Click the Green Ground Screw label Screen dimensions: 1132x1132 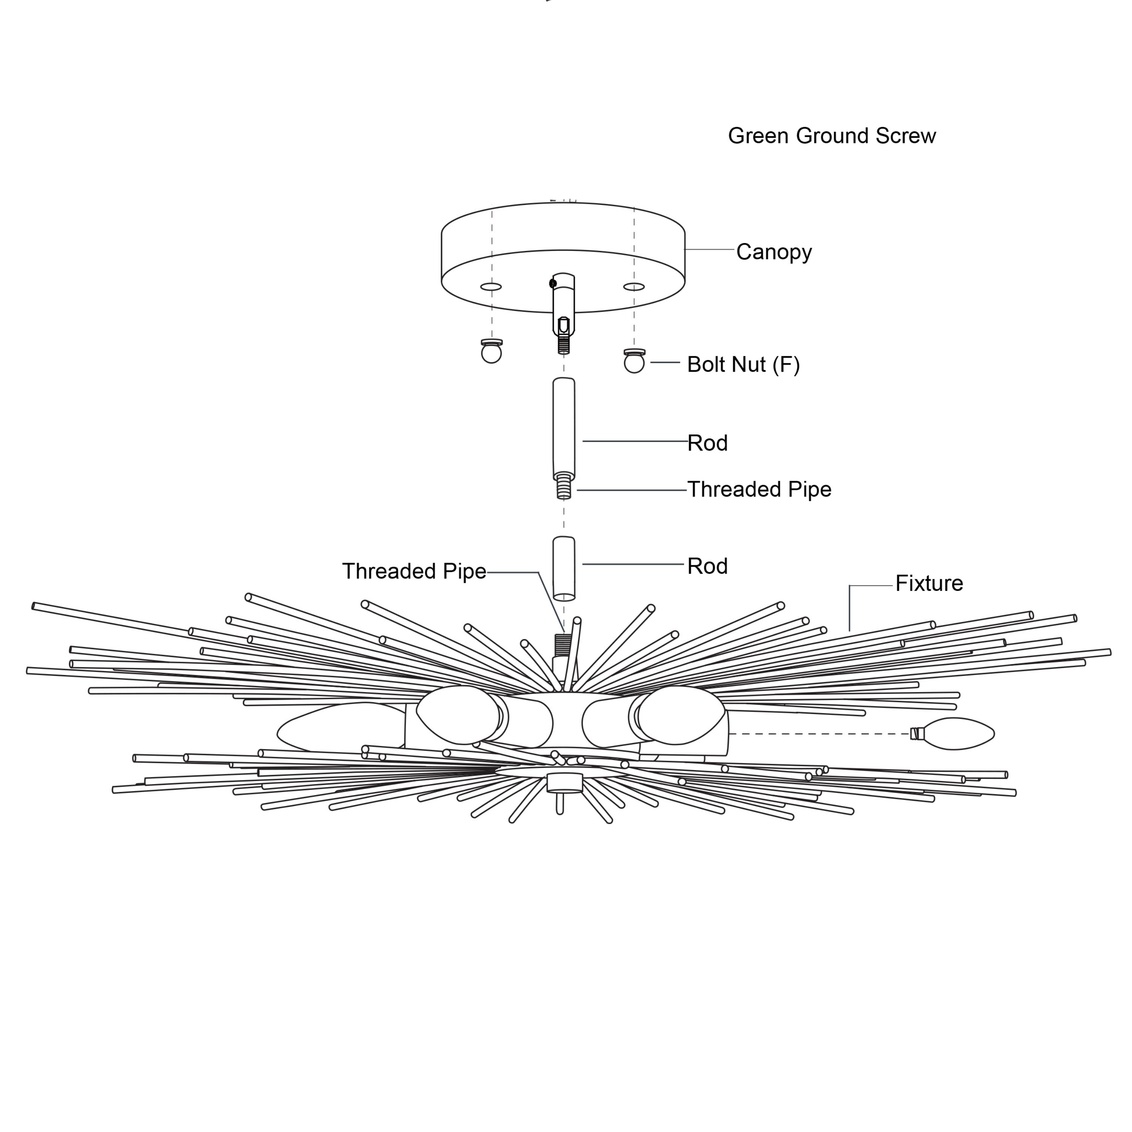(831, 136)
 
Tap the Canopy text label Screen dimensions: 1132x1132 (773, 252)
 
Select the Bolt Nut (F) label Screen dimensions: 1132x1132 (743, 364)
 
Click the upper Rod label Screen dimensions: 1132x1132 (707, 443)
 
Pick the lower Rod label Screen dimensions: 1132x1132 (707, 566)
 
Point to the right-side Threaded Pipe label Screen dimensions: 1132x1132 (759, 489)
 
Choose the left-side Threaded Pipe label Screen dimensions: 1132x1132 (414, 571)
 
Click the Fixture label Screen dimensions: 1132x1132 (929, 583)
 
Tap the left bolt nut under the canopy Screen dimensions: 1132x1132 (490, 351)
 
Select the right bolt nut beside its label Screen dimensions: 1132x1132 (634, 361)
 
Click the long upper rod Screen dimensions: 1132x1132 (565, 425)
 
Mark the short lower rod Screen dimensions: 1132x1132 (564, 568)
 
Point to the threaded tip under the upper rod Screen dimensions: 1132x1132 (565, 488)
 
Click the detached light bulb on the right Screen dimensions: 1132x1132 (955, 733)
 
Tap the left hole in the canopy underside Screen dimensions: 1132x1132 (490, 287)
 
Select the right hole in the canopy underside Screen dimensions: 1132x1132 (633, 287)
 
